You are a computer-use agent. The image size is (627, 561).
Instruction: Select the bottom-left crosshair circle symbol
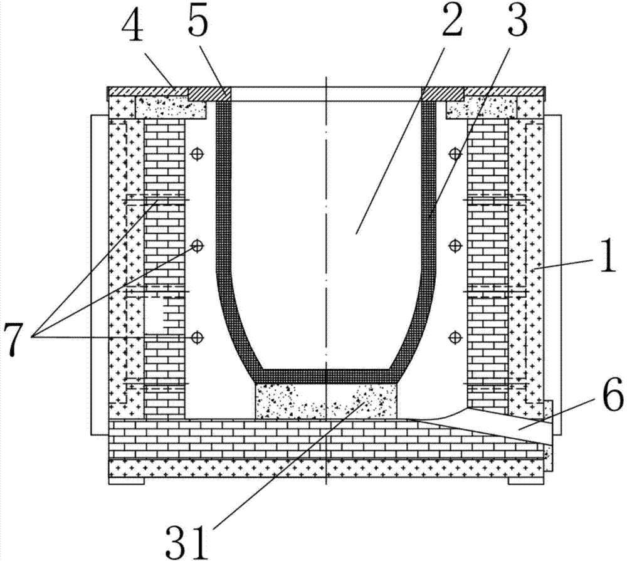(x=196, y=338)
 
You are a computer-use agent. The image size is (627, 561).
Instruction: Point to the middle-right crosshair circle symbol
(x=454, y=244)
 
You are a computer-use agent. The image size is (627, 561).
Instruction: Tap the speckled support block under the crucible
(x=326, y=401)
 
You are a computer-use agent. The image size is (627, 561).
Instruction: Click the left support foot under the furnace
(x=126, y=481)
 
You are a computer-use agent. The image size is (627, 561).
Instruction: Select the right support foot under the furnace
(x=526, y=481)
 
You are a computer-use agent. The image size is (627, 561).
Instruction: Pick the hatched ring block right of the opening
(x=443, y=94)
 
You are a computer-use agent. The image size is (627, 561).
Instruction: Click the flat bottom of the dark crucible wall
(x=326, y=376)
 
